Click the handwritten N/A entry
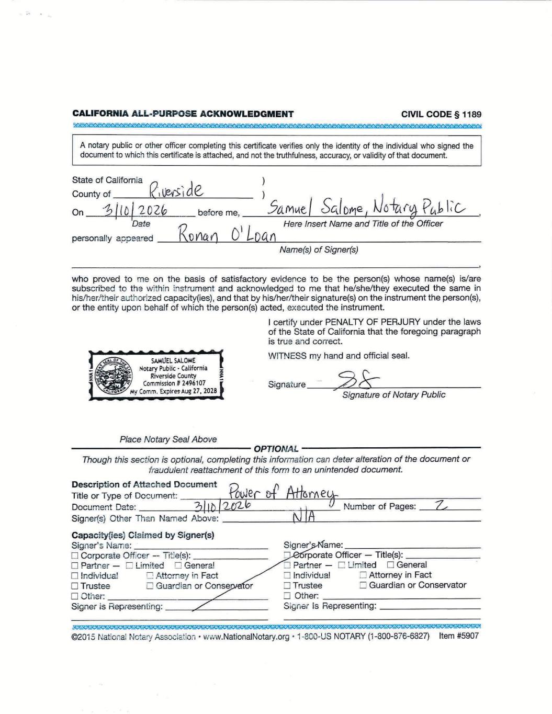(304, 518)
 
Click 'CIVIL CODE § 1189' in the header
(441, 114)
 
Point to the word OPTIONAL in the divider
(276, 449)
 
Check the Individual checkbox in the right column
(287, 575)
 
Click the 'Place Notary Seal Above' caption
(168, 439)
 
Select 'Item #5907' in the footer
(458, 636)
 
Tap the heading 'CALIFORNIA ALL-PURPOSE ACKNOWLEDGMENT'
(183, 114)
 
